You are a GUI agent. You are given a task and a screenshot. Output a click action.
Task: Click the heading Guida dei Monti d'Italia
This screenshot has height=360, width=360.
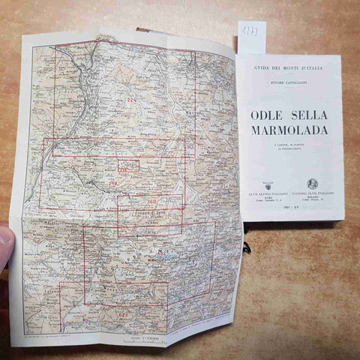289,68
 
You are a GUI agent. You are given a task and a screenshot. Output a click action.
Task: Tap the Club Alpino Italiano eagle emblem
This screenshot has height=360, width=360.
268,184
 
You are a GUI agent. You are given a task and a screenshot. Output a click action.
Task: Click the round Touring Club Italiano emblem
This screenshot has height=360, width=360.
313,183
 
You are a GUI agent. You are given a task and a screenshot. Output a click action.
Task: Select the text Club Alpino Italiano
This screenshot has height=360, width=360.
268,195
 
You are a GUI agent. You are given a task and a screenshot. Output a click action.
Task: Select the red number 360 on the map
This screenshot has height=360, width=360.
150,202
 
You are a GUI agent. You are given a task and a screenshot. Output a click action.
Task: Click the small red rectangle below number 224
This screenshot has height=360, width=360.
127,165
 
